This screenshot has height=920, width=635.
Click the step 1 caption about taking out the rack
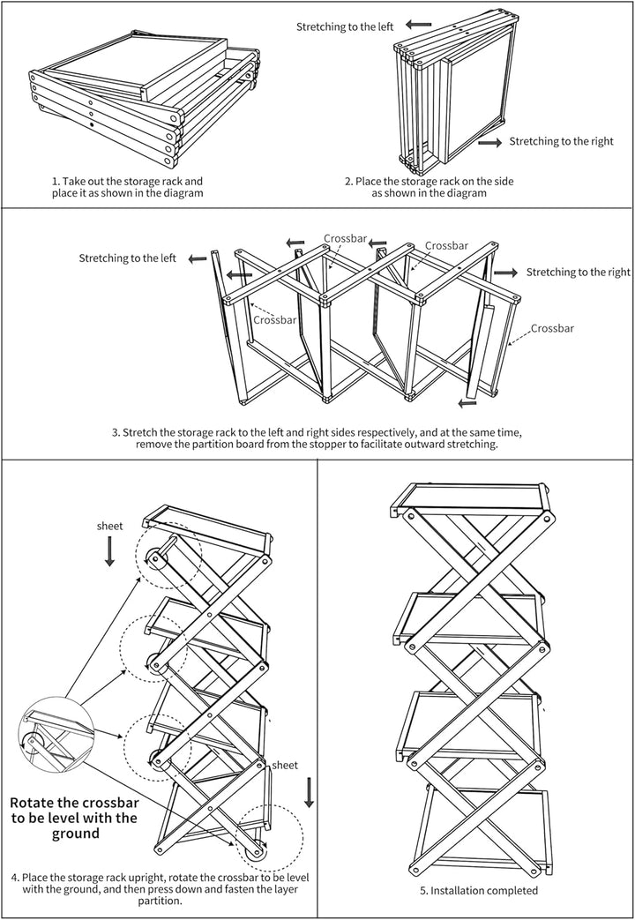click(x=127, y=187)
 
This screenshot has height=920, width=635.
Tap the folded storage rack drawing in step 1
click(x=145, y=101)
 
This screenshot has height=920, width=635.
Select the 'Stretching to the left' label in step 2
click(x=345, y=26)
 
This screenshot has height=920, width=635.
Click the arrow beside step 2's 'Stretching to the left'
click(x=418, y=25)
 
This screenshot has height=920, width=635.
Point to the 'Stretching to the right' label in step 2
click(x=561, y=141)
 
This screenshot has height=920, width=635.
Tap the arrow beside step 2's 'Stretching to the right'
click(x=489, y=142)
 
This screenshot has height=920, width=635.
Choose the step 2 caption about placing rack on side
click(x=429, y=187)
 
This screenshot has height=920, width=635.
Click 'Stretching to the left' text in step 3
click(x=127, y=258)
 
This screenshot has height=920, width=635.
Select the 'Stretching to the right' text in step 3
click(x=578, y=273)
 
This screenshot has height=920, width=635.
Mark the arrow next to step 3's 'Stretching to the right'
click(x=506, y=273)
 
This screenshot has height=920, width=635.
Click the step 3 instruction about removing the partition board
click(x=317, y=438)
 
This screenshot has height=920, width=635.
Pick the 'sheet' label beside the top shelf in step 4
click(x=109, y=527)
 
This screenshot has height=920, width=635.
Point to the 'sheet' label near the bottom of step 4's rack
click(x=285, y=765)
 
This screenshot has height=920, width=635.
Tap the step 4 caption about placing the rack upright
click(x=160, y=889)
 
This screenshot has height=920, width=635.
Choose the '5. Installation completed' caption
click(x=479, y=891)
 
